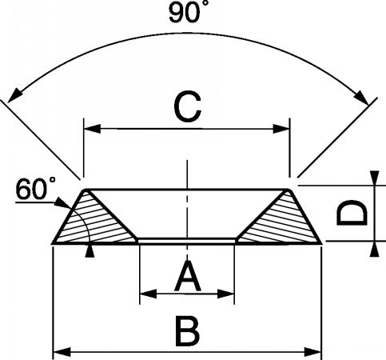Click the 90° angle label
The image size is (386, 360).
(185, 13)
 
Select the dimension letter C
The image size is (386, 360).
(187, 106)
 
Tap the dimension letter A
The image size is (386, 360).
(188, 276)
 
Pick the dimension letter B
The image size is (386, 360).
(188, 330)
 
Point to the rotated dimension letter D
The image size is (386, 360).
(352, 213)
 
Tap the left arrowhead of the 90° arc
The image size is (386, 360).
(14, 96)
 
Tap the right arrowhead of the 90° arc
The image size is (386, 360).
(362, 98)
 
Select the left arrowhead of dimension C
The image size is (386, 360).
(92, 129)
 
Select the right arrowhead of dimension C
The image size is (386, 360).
(281, 129)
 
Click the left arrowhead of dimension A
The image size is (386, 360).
(148, 294)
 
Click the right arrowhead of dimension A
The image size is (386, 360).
(226, 294)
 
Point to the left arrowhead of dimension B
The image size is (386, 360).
(62, 352)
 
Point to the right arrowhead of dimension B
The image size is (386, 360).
(313, 352)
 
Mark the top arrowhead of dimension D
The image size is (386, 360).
(375, 178)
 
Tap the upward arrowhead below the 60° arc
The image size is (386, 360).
(90, 251)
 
